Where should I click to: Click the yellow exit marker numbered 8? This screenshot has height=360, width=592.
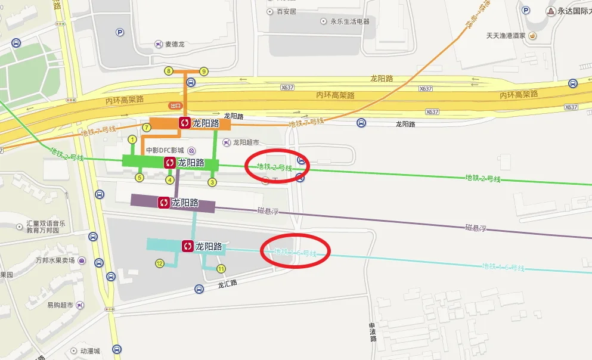click(x=169, y=72)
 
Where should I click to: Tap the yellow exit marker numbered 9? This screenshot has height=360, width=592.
click(x=204, y=72)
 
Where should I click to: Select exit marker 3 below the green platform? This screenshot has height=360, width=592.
click(x=212, y=182)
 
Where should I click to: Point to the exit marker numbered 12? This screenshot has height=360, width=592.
click(x=159, y=263)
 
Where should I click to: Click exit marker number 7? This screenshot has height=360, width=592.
click(x=147, y=128)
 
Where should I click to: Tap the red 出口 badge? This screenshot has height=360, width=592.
click(x=175, y=105)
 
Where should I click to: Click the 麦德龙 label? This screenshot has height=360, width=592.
click(x=175, y=44)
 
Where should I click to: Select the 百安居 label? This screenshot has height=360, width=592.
click(x=286, y=11)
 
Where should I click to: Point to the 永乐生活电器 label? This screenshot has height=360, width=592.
click(x=349, y=21)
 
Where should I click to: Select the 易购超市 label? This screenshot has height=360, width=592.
click(x=60, y=305)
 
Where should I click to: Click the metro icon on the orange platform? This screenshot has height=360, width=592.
click(x=185, y=123)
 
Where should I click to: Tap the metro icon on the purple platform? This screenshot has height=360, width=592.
click(x=163, y=203)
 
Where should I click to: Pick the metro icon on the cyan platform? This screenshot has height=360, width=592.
click(x=187, y=246)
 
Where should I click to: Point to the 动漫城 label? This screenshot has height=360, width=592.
click(x=91, y=351)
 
